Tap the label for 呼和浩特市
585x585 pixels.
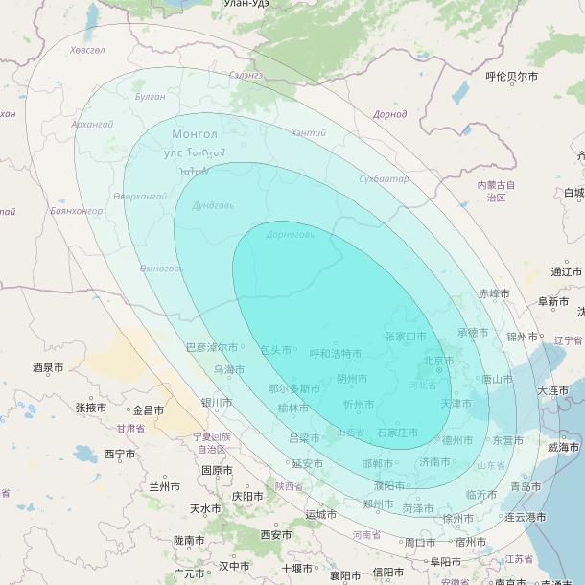(x=336, y=354)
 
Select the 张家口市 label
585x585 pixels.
(x=406, y=337)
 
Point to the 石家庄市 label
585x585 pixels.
(x=397, y=433)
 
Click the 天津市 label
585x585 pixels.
(x=456, y=404)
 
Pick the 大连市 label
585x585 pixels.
(x=553, y=390)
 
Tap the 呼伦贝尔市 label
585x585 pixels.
(x=511, y=77)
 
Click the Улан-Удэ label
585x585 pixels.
(x=246, y=4)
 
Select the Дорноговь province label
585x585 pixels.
(x=291, y=234)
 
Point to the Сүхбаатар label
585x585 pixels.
(x=384, y=179)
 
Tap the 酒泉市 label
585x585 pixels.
(x=48, y=367)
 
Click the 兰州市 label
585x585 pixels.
(x=165, y=487)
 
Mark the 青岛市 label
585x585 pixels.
(x=526, y=486)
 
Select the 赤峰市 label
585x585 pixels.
(x=495, y=293)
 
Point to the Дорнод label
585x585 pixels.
(x=389, y=114)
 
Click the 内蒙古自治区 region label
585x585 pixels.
(x=496, y=191)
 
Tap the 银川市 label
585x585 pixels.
(x=216, y=402)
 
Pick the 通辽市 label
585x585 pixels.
(x=567, y=271)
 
